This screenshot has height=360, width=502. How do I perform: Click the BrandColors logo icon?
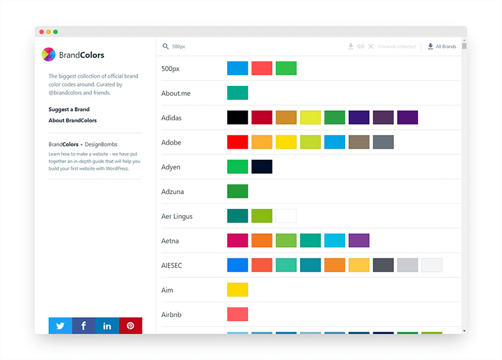(48, 55)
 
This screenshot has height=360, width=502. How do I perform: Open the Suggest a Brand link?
(69, 110)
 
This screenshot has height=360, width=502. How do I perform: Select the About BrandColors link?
(73, 120)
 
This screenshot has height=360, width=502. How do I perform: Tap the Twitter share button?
(60, 326)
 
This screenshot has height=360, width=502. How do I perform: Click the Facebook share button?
(83, 326)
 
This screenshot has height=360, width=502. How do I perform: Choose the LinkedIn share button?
(107, 326)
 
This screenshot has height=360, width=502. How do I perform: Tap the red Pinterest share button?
(131, 326)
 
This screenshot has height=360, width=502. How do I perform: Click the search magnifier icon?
(166, 46)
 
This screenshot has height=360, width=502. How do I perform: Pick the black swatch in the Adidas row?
(238, 117)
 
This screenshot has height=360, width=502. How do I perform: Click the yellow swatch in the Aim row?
(238, 290)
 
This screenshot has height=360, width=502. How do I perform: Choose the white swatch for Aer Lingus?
(286, 216)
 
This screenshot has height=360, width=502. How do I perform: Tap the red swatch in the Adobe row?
(238, 142)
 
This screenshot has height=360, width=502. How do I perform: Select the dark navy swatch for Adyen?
(262, 167)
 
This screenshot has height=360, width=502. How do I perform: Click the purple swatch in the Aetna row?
(359, 240)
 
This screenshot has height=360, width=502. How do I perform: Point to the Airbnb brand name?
(171, 314)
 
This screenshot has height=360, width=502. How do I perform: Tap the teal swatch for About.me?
(238, 93)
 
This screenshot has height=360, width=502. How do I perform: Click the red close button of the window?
(41, 31)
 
